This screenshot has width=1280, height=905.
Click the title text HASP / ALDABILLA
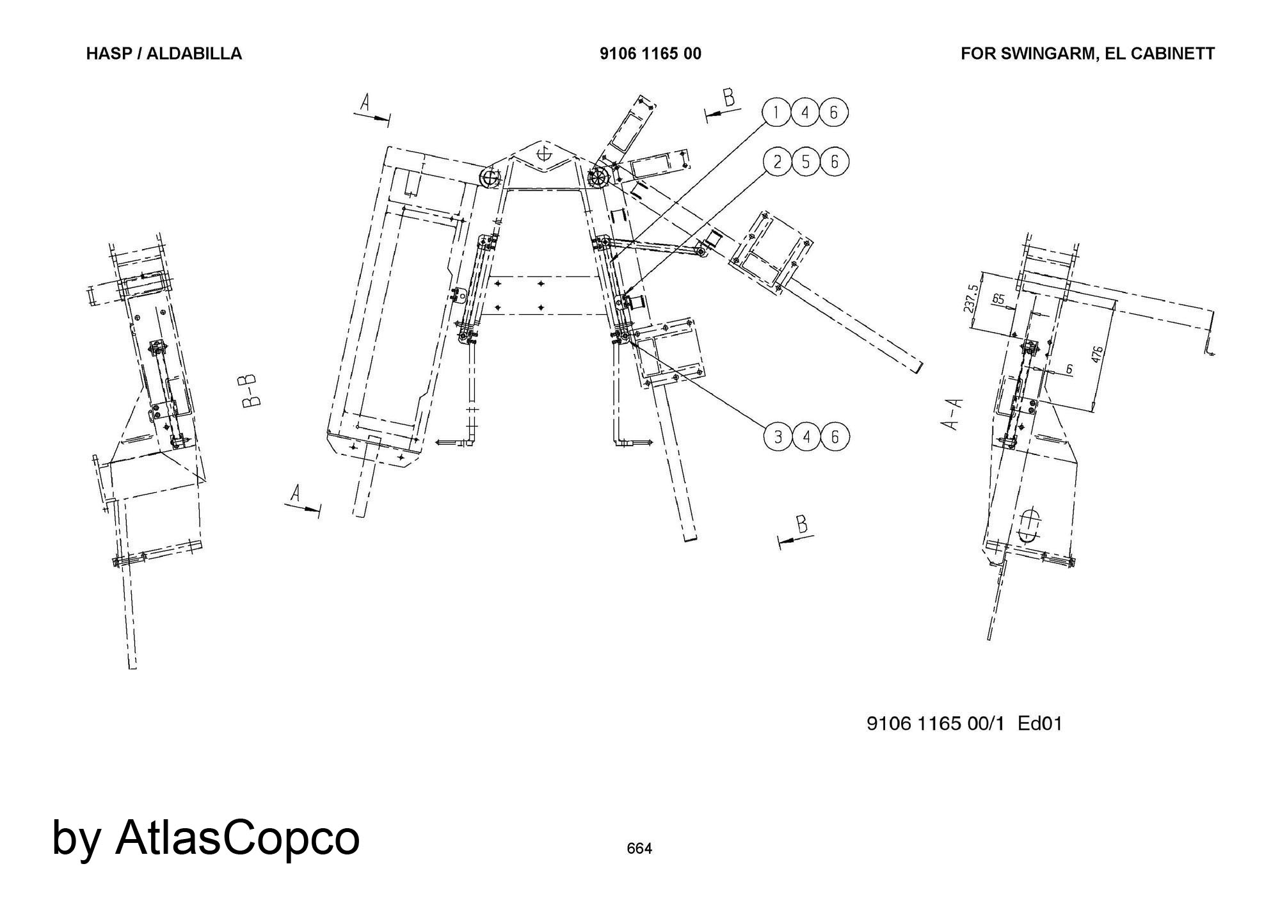[x=164, y=54]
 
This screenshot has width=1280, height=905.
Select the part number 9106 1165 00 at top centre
[x=650, y=54]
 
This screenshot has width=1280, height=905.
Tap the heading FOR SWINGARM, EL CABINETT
[x=1087, y=54]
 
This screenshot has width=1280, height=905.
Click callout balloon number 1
[x=776, y=113]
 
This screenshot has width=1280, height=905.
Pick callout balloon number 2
[x=778, y=162]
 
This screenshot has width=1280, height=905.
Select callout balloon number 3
[x=778, y=437]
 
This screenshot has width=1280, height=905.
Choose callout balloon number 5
[x=806, y=162]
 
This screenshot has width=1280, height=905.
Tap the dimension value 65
[x=998, y=299]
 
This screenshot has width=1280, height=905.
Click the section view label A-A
[x=953, y=414]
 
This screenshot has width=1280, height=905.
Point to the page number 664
[x=639, y=849]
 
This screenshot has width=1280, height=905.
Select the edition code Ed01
[x=1040, y=724]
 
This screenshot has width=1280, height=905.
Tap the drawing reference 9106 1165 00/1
[x=935, y=724]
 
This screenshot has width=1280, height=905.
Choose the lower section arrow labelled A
[x=301, y=501]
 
